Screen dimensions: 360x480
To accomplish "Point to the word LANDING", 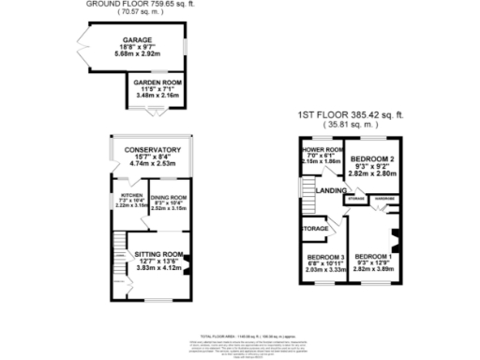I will (331, 191).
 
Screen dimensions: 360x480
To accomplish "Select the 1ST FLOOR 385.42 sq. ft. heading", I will (355, 114).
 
